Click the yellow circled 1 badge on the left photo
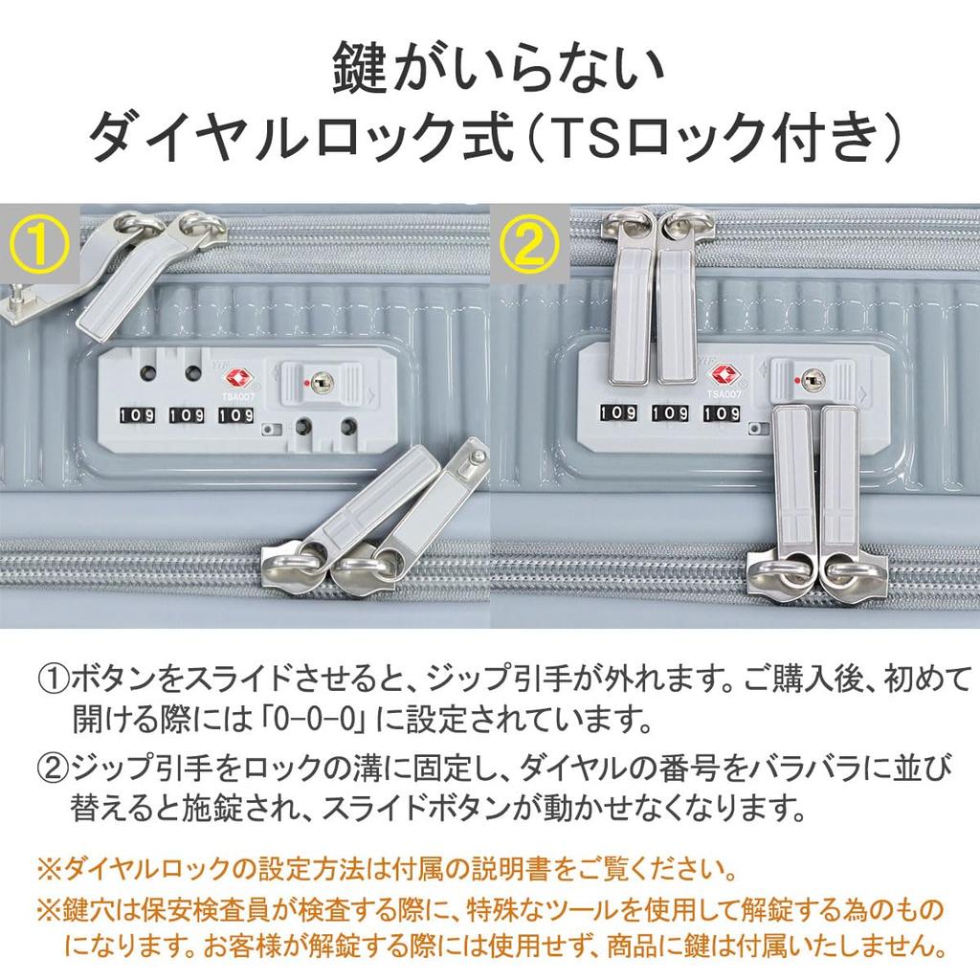pos(38,244)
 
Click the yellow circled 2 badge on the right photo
pos(528,244)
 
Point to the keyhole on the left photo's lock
pos(322,381)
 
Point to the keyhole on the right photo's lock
pos(811,378)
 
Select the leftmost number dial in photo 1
pos(137,415)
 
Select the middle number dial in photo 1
pos(187,415)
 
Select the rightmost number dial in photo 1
pos(235,415)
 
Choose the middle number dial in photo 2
pos(669,412)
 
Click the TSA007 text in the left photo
pos(237,397)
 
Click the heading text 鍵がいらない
pos(497,68)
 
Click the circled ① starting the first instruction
pos(54,678)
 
